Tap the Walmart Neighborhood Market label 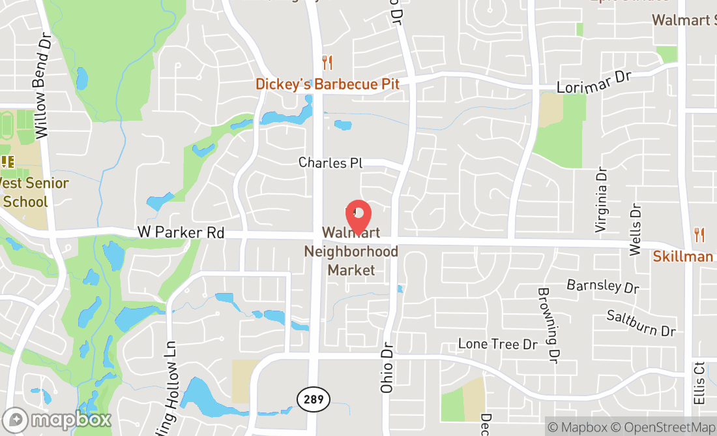pyautogui.click(x=351, y=251)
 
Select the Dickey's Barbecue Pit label pyautogui.click(x=327, y=84)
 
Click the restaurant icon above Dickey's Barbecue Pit pyautogui.click(x=327, y=63)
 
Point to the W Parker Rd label pyautogui.click(x=181, y=232)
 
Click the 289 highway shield pyautogui.click(x=314, y=398)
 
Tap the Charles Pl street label pyautogui.click(x=330, y=163)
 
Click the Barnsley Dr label pyautogui.click(x=603, y=286)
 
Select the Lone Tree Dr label pyautogui.click(x=497, y=344)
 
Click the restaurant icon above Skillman pyautogui.click(x=699, y=235)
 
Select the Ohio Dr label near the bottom pyautogui.click(x=387, y=368)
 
